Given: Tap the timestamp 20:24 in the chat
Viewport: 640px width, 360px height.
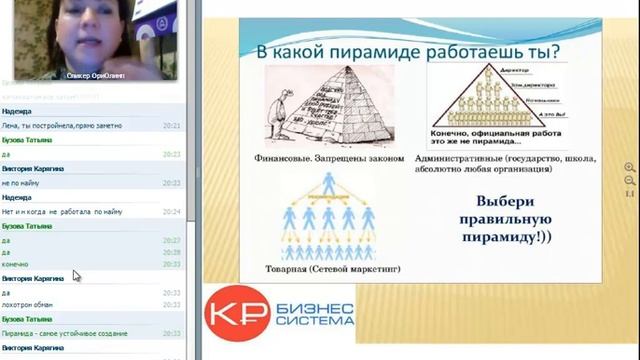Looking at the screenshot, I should [x=171, y=212].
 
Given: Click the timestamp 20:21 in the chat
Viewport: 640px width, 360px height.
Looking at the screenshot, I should [x=171, y=126].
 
